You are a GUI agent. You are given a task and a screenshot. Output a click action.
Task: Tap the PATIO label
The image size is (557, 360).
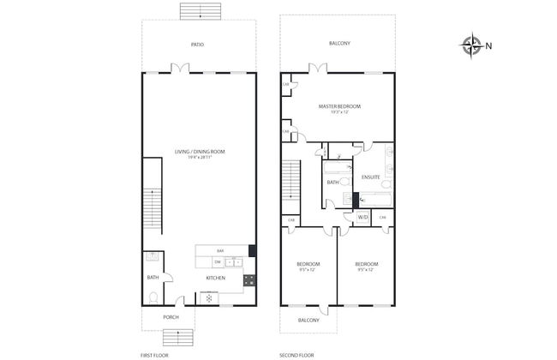tap(198, 44)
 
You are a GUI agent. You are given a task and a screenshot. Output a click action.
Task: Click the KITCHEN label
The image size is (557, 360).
tap(215, 278)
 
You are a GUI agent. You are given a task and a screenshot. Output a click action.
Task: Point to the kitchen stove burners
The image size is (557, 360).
tap(249, 279)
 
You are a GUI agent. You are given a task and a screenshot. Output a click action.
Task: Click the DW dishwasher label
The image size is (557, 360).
tap(218, 262)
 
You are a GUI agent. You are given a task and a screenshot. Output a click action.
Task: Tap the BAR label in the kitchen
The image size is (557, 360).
tap(219, 249)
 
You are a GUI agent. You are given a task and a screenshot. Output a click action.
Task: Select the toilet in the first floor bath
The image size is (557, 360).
tap(153, 297)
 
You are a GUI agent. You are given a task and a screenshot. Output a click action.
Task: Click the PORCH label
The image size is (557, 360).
tap(171, 317)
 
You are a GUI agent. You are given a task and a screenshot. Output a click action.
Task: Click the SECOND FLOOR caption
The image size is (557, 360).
tap(296, 354)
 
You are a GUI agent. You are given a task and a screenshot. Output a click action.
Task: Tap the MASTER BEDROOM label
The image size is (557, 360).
tap(339, 107)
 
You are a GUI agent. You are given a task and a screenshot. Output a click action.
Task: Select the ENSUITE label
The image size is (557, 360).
tap(370, 177)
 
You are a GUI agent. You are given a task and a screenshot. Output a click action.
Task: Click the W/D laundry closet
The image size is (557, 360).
tap(362, 218)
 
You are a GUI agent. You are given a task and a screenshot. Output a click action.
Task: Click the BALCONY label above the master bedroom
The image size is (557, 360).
tap(340, 44)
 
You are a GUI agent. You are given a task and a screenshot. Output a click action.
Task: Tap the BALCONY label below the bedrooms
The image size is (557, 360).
tap(308, 320)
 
